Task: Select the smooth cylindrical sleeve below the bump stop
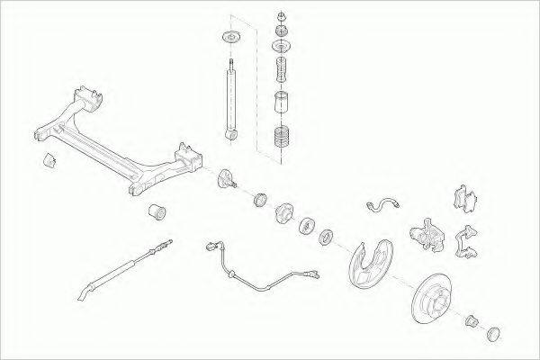coord(283,102)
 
